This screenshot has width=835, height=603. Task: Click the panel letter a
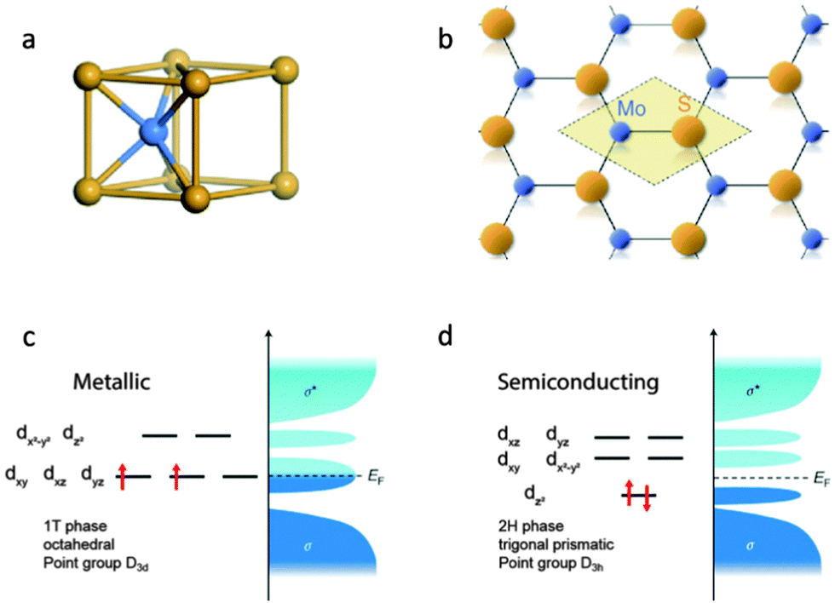(x=29, y=40)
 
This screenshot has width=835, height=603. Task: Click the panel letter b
(x=445, y=38)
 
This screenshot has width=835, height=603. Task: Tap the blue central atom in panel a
(x=153, y=131)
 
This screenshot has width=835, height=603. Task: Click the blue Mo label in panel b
(x=631, y=108)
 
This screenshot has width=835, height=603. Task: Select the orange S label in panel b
(x=684, y=104)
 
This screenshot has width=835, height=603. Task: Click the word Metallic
(x=112, y=382)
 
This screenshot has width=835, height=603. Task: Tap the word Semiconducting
(x=579, y=382)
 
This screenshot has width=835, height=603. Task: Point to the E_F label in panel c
(x=376, y=477)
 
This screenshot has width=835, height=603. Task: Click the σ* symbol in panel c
(x=310, y=393)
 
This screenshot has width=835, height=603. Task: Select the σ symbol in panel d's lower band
(x=751, y=546)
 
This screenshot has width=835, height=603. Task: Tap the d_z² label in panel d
(x=535, y=495)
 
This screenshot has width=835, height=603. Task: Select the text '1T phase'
(x=75, y=525)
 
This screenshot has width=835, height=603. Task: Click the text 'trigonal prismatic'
(x=556, y=544)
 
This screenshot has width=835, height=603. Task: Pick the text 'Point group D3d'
(x=95, y=564)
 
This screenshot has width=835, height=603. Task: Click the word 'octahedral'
(x=78, y=544)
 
